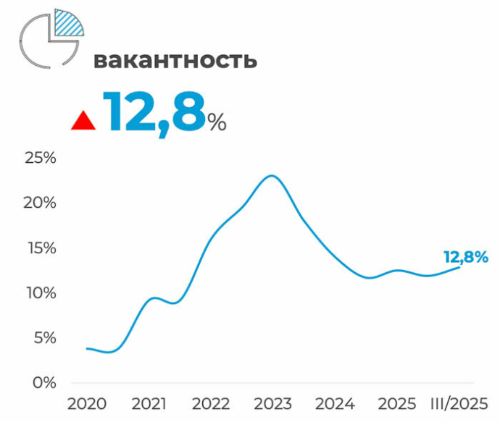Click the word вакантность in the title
point(175,60)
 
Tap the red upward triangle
point(83,121)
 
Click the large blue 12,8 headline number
point(154,112)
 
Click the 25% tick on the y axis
point(39,158)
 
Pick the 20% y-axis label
point(39,203)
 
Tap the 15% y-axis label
point(39,248)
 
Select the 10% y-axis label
point(39,292)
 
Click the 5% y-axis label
point(43,337)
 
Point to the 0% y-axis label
point(43,382)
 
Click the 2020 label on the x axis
point(86,404)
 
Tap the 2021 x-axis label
point(149,404)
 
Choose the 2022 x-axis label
point(211,404)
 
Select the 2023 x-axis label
point(273,404)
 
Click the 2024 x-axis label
point(336,404)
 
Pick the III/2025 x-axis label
point(458,404)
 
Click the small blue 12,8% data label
point(465,256)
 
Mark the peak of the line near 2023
point(271,176)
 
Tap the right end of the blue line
point(459,268)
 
